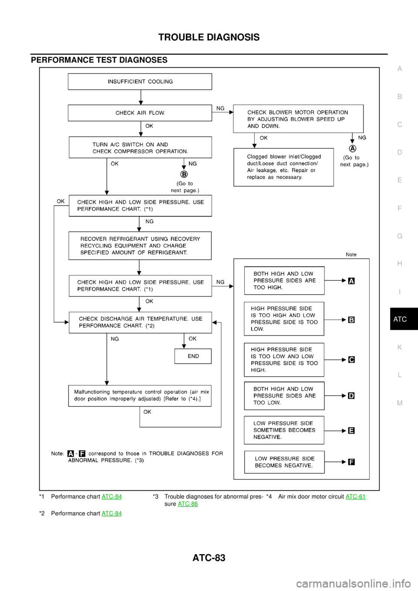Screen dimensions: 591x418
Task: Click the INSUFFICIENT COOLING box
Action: point(140,81)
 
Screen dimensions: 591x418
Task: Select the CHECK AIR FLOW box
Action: point(140,113)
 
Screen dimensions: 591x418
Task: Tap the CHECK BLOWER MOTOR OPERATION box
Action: point(298,119)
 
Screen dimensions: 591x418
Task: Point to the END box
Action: point(193,356)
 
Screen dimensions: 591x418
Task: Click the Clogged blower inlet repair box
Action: point(283,167)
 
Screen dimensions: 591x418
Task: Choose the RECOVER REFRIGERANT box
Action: point(140,246)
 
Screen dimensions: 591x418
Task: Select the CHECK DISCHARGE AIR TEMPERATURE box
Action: point(140,322)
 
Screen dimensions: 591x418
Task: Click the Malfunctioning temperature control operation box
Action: point(140,396)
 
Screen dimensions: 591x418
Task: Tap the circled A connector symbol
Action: point(353,149)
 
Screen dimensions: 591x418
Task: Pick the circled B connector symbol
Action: point(184,174)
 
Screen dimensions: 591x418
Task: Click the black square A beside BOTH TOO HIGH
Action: point(351,281)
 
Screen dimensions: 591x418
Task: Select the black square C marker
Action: point(351,360)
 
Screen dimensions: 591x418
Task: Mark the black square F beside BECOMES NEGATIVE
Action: point(351,462)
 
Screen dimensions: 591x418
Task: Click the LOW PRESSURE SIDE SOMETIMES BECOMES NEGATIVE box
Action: point(284,430)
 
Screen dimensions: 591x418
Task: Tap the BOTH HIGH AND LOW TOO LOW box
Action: point(284,396)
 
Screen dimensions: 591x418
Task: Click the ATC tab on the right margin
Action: point(400,319)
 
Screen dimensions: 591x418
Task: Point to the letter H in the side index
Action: point(399,264)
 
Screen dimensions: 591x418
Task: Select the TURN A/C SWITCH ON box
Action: point(140,148)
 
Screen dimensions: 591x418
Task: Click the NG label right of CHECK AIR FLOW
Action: point(220,108)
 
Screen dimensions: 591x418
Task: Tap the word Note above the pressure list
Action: point(351,255)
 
